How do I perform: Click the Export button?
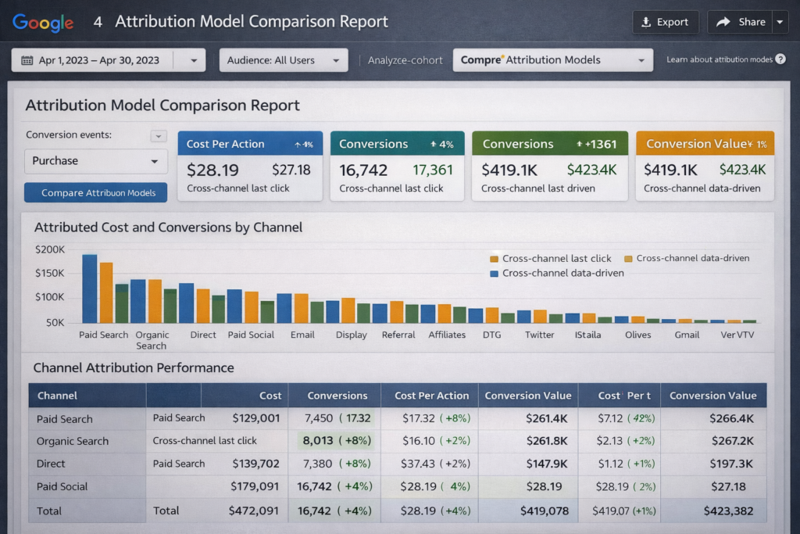(665, 22)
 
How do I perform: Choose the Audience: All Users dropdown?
(283, 60)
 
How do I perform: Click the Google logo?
(43, 23)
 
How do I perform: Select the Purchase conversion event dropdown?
(95, 161)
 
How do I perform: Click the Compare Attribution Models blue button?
(95, 192)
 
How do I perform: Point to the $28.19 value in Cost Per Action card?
(212, 169)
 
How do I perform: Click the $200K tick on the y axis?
(50, 249)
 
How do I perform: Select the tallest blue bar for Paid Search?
(89, 289)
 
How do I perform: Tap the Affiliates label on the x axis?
(447, 335)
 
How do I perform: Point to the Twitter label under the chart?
(539, 335)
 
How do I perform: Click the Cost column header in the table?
(270, 396)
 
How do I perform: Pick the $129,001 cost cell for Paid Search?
(255, 419)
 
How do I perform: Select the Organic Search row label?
(73, 442)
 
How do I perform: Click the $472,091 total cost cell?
(254, 511)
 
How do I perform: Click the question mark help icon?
(780, 59)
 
